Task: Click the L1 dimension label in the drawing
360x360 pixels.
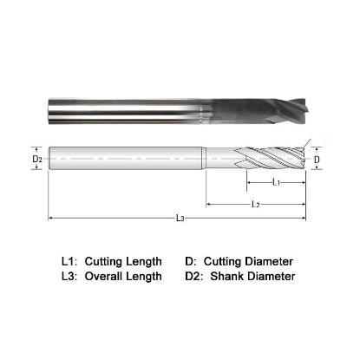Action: (x=275, y=183)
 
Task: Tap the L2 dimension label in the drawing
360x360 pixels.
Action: (x=256, y=205)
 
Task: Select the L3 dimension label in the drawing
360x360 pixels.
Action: (x=180, y=219)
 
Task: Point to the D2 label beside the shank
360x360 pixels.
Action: (x=37, y=160)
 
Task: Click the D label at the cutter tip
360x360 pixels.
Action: (x=317, y=160)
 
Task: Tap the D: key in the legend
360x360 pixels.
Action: (x=192, y=261)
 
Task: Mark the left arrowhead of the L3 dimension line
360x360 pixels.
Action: (x=50, y=217)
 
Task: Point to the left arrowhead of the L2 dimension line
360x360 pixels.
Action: (x=208, y=205)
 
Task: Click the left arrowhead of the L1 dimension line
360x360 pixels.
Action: (x=249, y=183)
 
